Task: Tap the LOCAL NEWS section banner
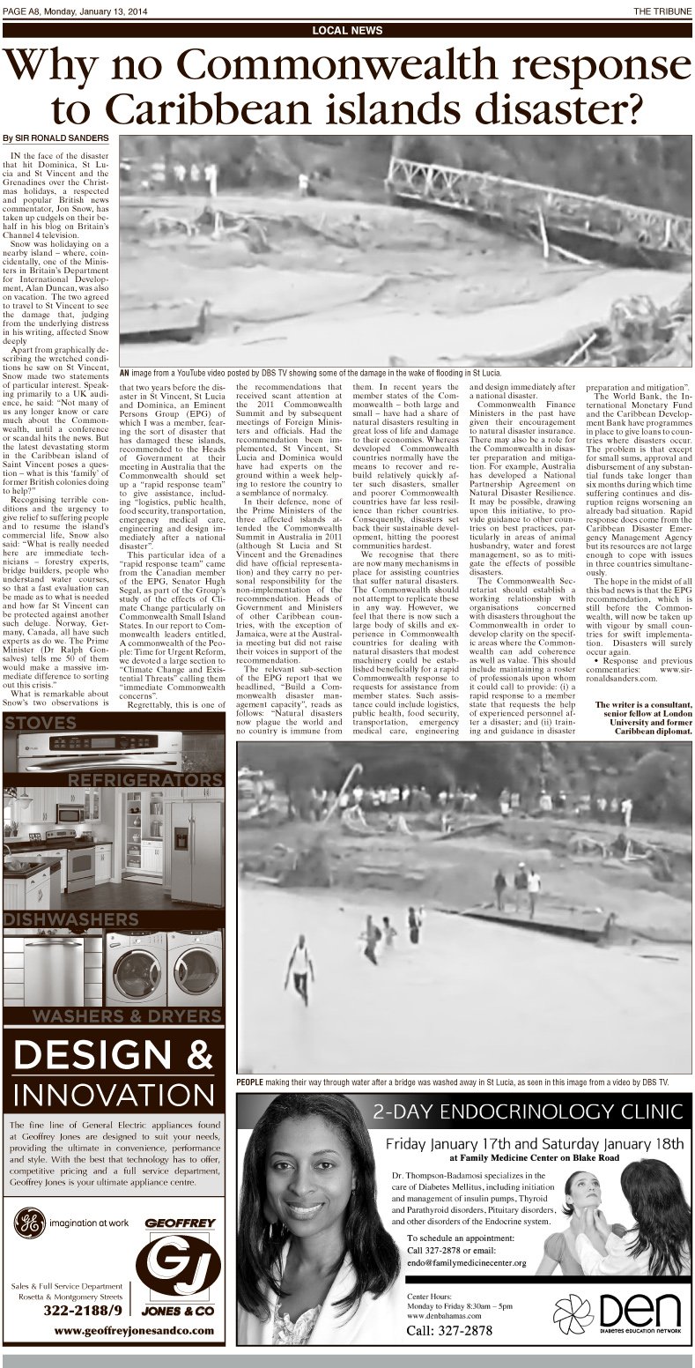(x=347, y=30)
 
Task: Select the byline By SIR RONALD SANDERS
(x=55, y=138)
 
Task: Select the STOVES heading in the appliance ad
(x=40, y=724)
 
